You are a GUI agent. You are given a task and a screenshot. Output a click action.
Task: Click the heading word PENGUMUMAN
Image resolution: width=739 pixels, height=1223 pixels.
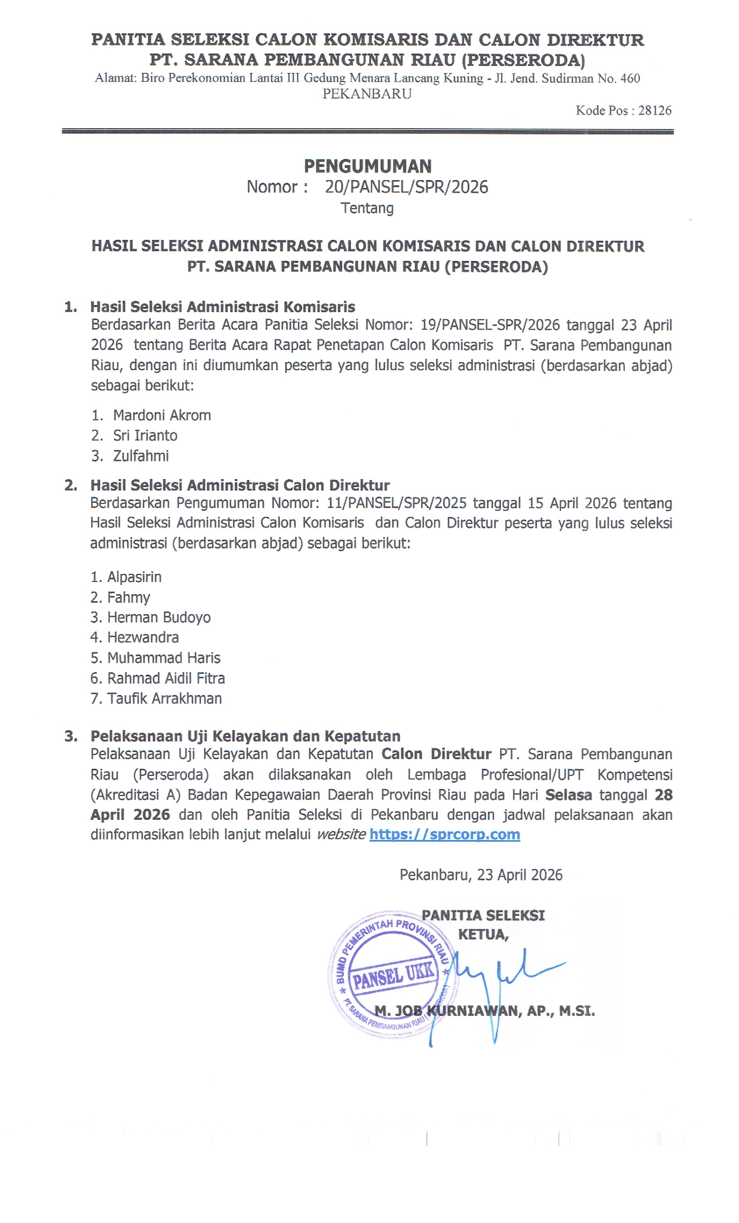[367, 166]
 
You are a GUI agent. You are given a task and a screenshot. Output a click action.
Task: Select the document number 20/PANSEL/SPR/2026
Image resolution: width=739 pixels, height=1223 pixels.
[406, 187]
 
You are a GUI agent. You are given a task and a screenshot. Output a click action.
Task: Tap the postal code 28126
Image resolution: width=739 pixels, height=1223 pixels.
[655, 110]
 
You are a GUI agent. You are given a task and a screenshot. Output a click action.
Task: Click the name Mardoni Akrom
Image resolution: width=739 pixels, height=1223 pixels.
[162, 415]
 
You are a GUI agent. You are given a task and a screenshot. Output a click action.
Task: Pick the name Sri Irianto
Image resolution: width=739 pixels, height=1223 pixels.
[145, 435]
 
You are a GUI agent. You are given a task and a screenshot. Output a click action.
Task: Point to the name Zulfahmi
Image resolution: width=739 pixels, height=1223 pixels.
[141, 456]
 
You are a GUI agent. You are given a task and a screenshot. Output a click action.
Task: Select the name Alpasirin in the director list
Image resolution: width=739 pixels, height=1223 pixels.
[134, 577]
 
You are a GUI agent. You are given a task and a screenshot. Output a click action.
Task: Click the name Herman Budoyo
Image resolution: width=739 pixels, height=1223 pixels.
[159, 617]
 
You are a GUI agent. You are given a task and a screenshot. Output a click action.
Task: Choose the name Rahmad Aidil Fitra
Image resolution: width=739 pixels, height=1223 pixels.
[166, 678]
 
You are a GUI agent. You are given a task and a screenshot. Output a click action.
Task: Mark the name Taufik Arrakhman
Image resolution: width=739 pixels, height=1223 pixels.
[164, 698]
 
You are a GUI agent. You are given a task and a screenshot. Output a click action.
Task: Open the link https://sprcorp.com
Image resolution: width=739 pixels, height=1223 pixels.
[444, 834]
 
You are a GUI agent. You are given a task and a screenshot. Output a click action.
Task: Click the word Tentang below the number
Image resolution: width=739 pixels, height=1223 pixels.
[367, 208]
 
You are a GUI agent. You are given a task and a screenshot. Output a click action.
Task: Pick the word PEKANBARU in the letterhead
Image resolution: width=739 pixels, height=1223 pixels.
[367, 94]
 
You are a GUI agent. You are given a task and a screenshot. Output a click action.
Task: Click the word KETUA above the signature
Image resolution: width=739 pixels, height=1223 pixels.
[483, 935]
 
